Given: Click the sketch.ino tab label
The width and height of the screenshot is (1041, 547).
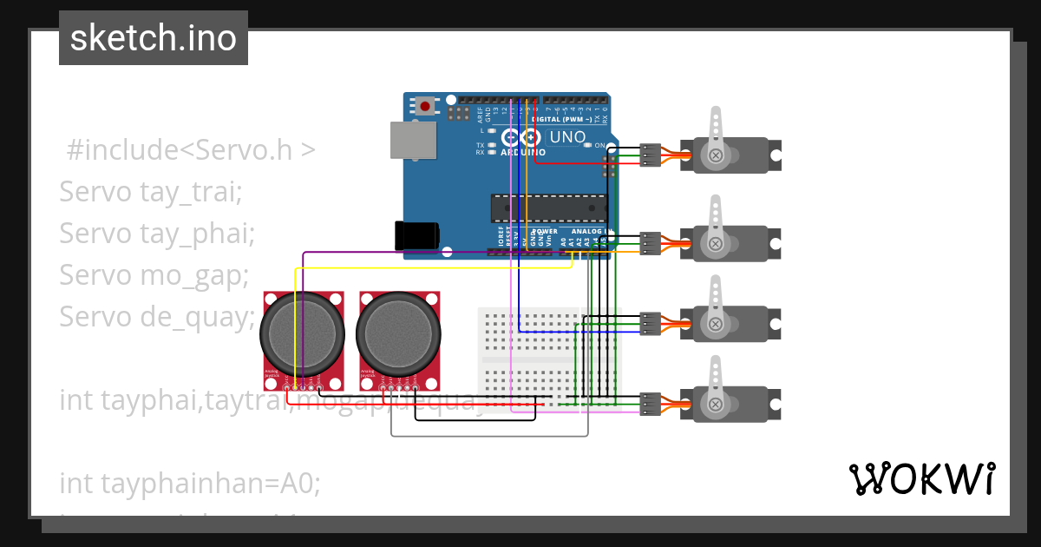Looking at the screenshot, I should (153, 38).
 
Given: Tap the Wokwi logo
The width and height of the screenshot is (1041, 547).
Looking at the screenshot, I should (921, 478).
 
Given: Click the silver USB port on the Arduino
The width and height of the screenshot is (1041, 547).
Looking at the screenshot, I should (414, 141).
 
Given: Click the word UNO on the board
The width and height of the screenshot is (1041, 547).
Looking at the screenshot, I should (567, 137).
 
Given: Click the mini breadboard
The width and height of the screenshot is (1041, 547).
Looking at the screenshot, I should (529, 356).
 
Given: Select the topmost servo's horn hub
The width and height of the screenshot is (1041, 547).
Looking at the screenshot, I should (716, 155).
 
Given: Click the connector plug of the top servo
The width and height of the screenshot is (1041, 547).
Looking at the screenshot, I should (651, 155).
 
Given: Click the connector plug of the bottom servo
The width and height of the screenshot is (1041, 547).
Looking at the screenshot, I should (651, 404).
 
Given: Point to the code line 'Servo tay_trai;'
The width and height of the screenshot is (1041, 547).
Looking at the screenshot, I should (149, 191).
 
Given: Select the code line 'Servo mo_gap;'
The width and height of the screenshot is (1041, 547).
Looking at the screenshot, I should (154, 274).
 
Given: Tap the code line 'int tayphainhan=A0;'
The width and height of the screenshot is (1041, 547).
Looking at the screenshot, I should (189, 483).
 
